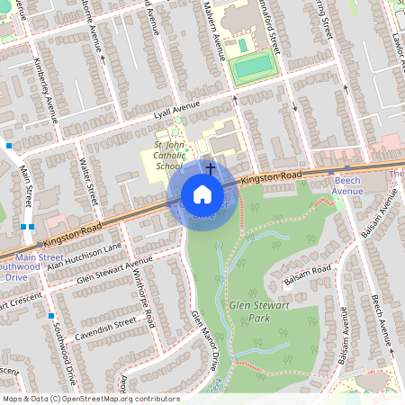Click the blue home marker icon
click(202, 193)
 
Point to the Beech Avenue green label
click(346, 185)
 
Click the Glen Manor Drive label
click(204, 339)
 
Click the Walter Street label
click(87, 181)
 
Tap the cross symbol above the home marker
click(211, 167)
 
